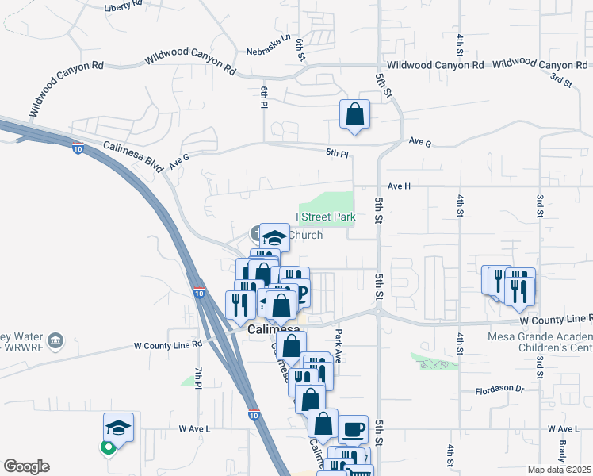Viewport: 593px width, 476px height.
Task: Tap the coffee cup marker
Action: (x=353, y=429)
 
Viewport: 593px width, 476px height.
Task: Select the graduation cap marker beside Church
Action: (x=274, y=237)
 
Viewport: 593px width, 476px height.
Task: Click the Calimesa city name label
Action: (x=274, y=328)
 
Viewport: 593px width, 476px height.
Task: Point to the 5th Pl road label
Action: (x=338, y=154)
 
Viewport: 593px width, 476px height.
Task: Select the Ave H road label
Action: (x=397, y=186)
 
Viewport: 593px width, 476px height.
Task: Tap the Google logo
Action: (x=26, y=466)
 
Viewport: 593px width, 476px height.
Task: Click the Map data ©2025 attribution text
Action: (x=560, y=470)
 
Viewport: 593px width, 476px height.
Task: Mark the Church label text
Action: (x=305, y=235)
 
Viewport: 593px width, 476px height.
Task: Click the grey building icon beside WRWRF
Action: (x=55, y=341)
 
